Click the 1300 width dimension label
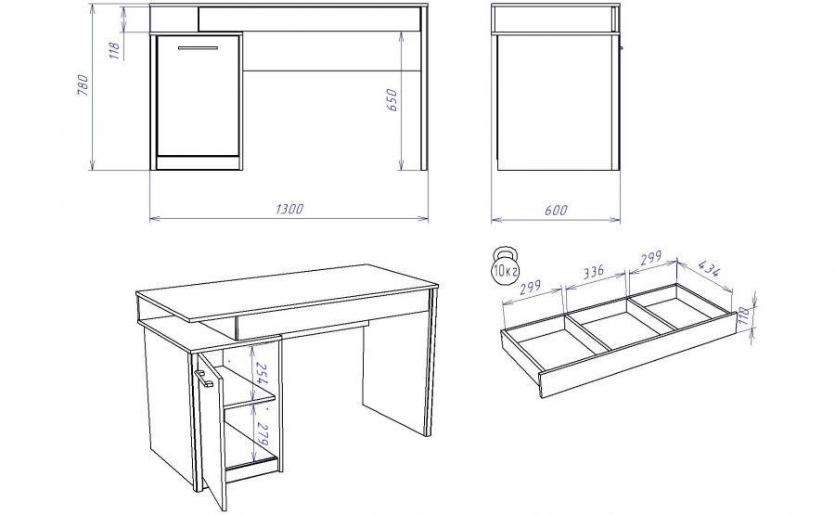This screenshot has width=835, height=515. point(289,208)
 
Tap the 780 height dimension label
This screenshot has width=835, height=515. point(83,85)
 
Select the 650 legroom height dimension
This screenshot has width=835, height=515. point(392,100)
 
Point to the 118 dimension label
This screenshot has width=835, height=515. point(115,51)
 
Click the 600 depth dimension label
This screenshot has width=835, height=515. point(556,210)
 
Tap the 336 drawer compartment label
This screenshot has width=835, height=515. point(594,272)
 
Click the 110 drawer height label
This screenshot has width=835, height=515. point(745,316)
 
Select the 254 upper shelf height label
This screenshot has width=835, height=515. point(262,374)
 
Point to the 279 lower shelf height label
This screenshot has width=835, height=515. point(262,434)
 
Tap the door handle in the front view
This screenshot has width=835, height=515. point(198,48)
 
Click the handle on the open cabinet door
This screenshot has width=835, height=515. point(203,377)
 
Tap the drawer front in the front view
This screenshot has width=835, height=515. point(311,19)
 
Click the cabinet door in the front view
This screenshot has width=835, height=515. point(198,96)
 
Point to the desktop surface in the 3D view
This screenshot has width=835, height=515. point(287,291)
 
